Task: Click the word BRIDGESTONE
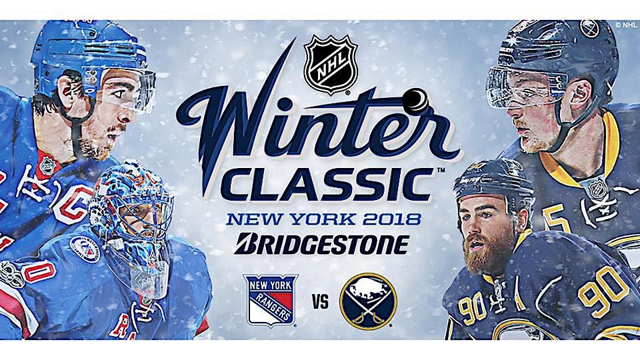coord(321,244)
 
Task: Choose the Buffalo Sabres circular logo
coord(368,301)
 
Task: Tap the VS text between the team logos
coord(321,303)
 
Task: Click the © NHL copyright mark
coord(626,25)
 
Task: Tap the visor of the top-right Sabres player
coord(526,88)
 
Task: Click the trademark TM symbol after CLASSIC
coord(441,170)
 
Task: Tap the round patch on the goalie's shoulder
coord(85,249)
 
